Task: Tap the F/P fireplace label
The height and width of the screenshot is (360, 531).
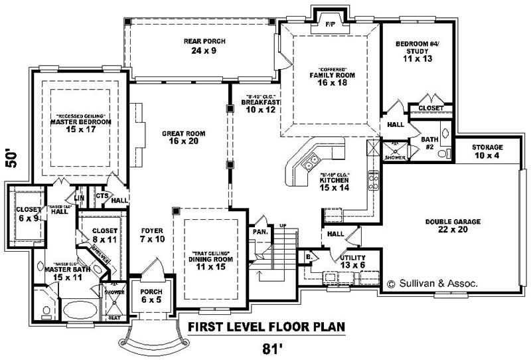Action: pos(329,25)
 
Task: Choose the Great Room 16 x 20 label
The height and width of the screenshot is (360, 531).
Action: pos(184,137)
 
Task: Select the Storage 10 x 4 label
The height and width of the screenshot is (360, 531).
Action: pos(487,151)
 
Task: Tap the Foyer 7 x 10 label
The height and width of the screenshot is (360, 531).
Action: pos(152,235)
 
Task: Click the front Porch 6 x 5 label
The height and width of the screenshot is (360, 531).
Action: pos(152,296)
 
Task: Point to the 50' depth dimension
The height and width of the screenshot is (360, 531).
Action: pos(11,159)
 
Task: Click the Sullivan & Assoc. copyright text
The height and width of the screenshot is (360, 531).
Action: pos(432,283)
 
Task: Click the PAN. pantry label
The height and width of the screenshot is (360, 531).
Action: pos(260,232)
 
